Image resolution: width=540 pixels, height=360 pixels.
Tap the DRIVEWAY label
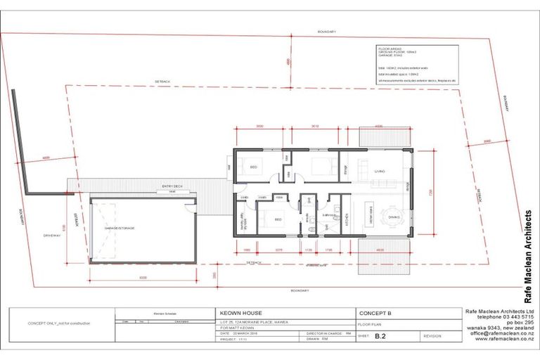coord(51,235)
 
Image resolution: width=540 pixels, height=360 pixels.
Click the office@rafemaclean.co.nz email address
coord(501,333)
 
